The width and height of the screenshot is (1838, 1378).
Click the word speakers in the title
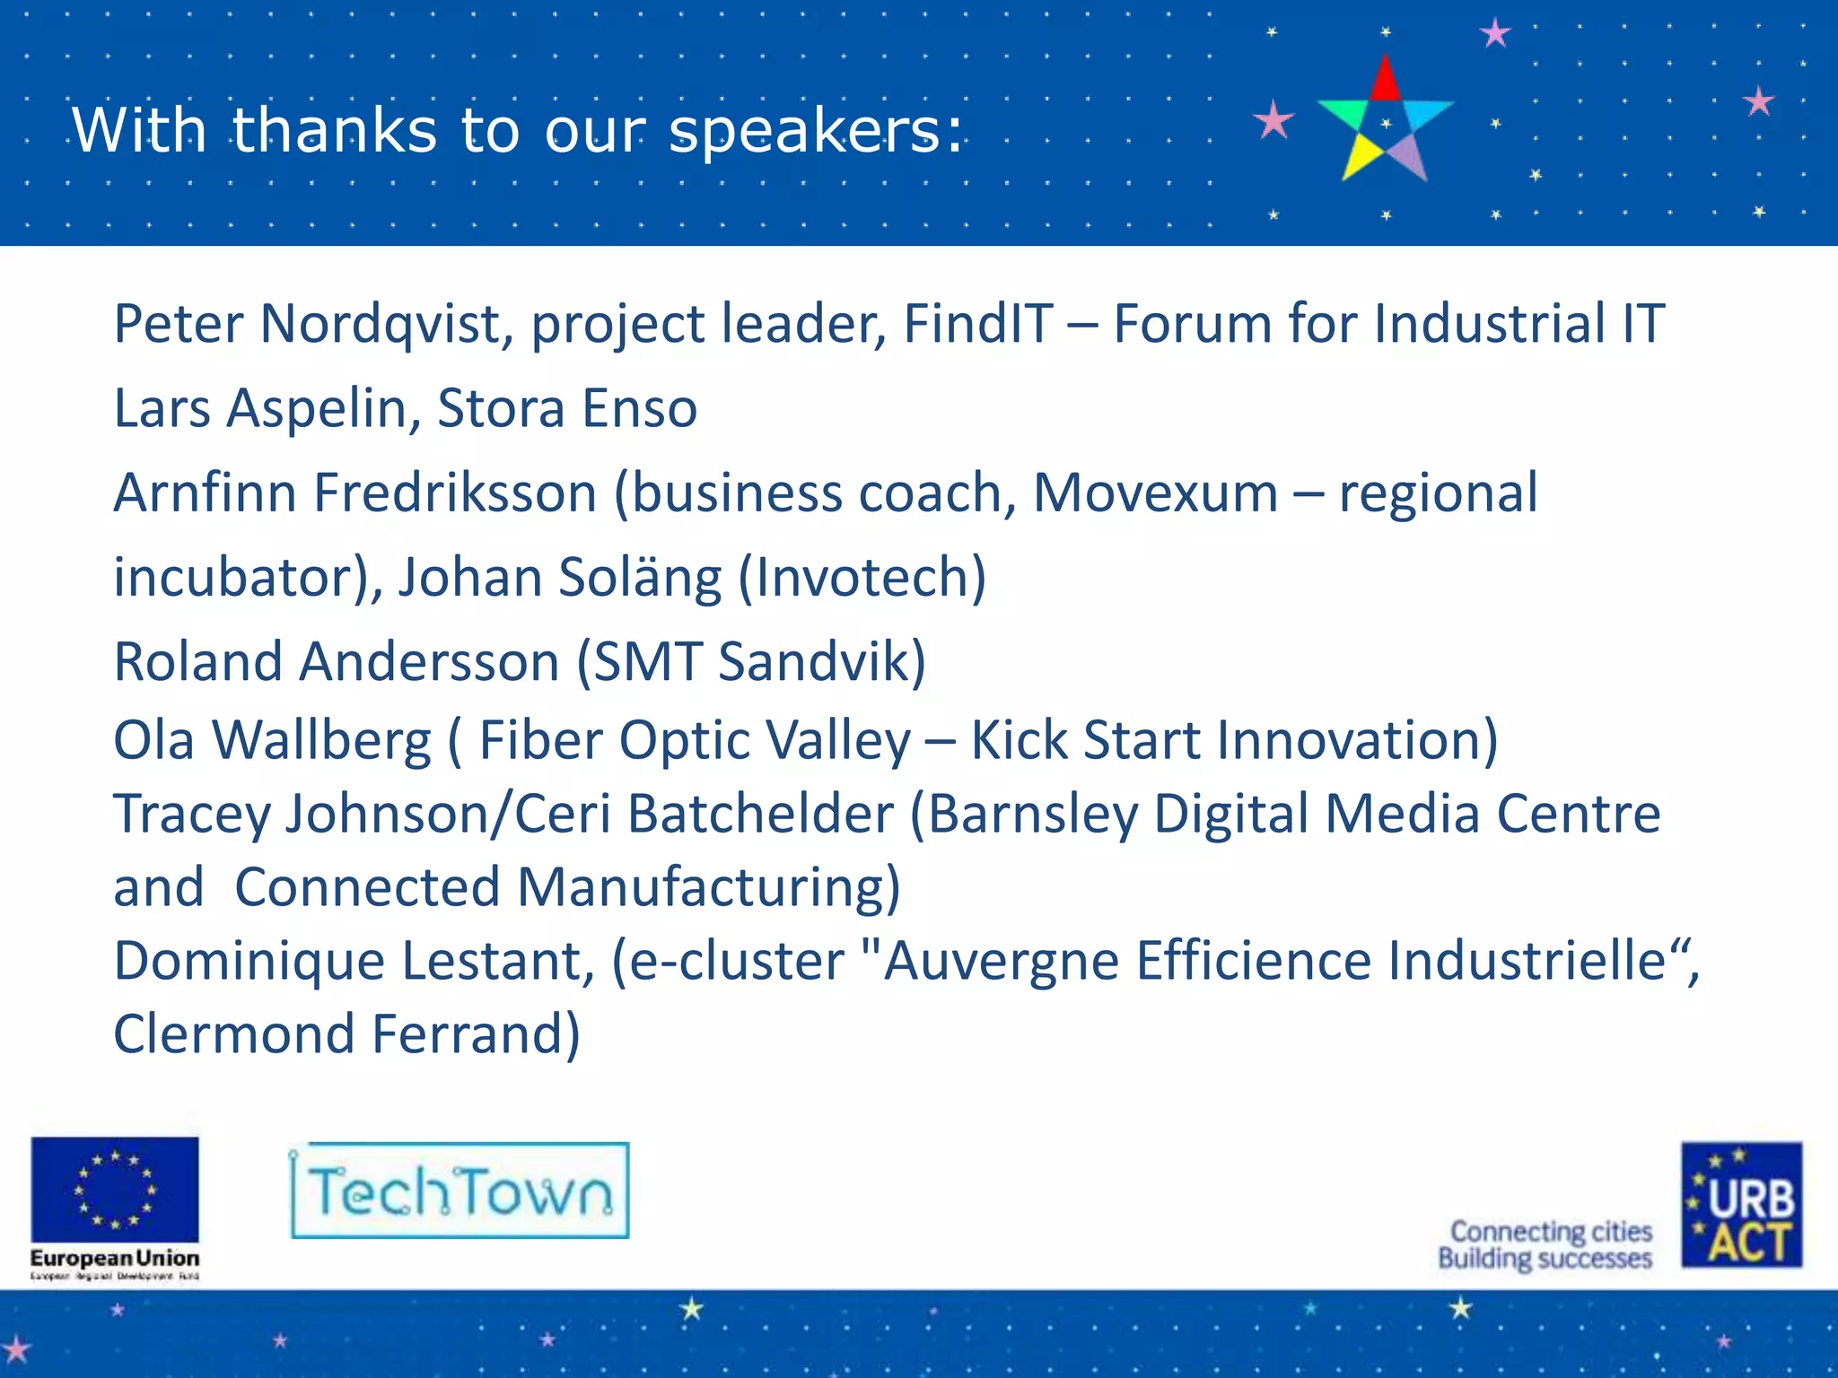pyautogui.click(x=815, y=132)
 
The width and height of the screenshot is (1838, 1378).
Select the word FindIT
pyautogui.click(x=977, y=324)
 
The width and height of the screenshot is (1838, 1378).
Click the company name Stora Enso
pyautogui.click(x=566, y=408)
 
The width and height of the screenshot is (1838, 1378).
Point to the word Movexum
pyautogui.click(x=1155, y=493)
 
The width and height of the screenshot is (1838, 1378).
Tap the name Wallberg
pyautogui.click(x=321, y=741)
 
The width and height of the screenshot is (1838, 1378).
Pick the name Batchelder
pyautogui.click(x=759, y=815)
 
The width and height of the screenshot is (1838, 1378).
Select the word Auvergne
pyautogui.click(x=1001, y=962)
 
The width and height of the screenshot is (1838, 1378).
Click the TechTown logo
pyautogui.click(x=459, y=1191)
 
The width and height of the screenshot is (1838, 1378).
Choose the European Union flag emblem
pyautogui.click(x=115, y=1190)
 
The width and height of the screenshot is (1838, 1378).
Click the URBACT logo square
pyautogui.click(x=1741, y=1205)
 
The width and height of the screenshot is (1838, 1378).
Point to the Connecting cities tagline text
pyautogui.click(x=1550, y=1232)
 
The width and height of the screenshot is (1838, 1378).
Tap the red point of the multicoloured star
pyautogui.click(x=1386, y=79)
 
